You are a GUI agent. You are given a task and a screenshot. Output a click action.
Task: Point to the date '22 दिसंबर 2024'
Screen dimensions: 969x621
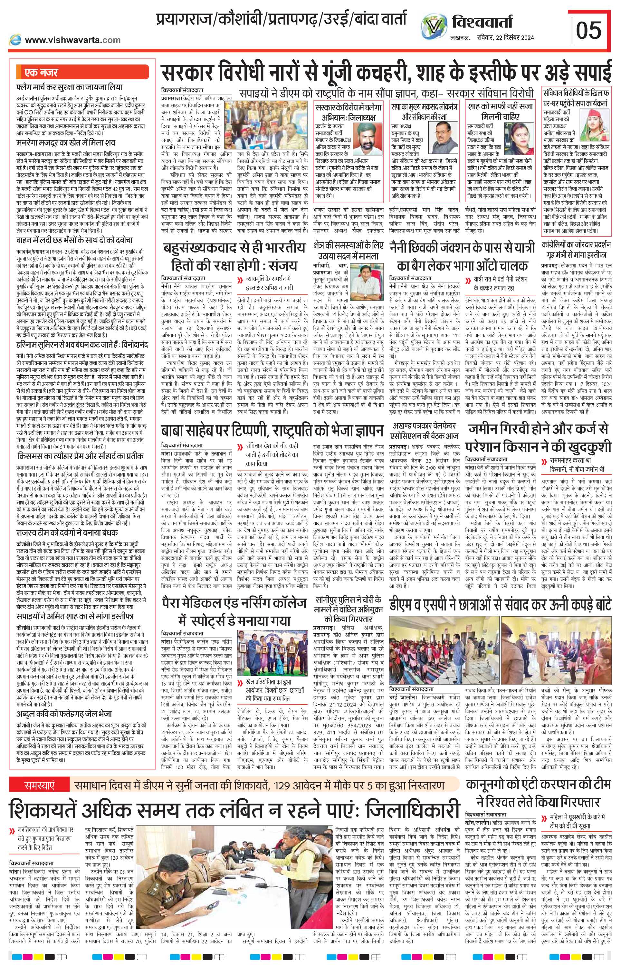click(x=513, y=37)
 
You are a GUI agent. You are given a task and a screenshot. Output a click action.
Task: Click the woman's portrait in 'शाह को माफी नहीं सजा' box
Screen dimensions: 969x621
click(x=520, y=137)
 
